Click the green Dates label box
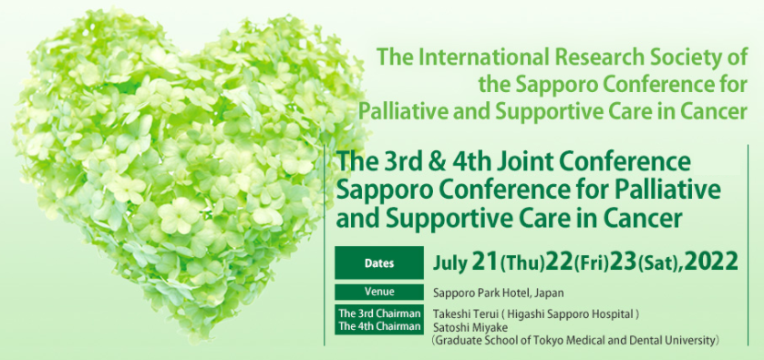tap(379, 263)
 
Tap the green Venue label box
tap(379, 293)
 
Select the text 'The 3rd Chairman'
tap(379, 314)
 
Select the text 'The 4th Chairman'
tap(379, 326)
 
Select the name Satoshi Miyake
tap(463, 326)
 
